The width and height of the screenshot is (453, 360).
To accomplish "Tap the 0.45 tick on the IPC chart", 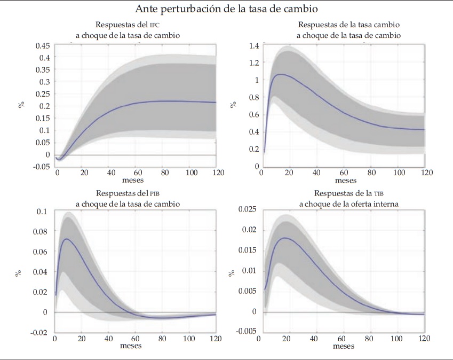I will point(43,45).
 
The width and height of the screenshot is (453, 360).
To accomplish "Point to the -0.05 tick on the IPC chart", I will point(42,167).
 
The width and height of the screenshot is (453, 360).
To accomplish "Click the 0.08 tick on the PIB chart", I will point(41,232).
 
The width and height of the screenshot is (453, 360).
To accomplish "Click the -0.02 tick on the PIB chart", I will point(40,332).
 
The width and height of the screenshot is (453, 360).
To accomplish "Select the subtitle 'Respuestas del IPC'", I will point(127,25).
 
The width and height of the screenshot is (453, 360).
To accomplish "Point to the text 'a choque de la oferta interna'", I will point(349,204).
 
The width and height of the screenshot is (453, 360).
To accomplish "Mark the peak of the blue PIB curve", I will point(66,239).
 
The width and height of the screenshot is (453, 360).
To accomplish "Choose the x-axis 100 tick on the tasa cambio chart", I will point(399,173).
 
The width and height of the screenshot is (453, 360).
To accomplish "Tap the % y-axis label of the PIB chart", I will point(18,272).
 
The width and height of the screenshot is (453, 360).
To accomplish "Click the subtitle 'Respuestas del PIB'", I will point(127,193).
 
